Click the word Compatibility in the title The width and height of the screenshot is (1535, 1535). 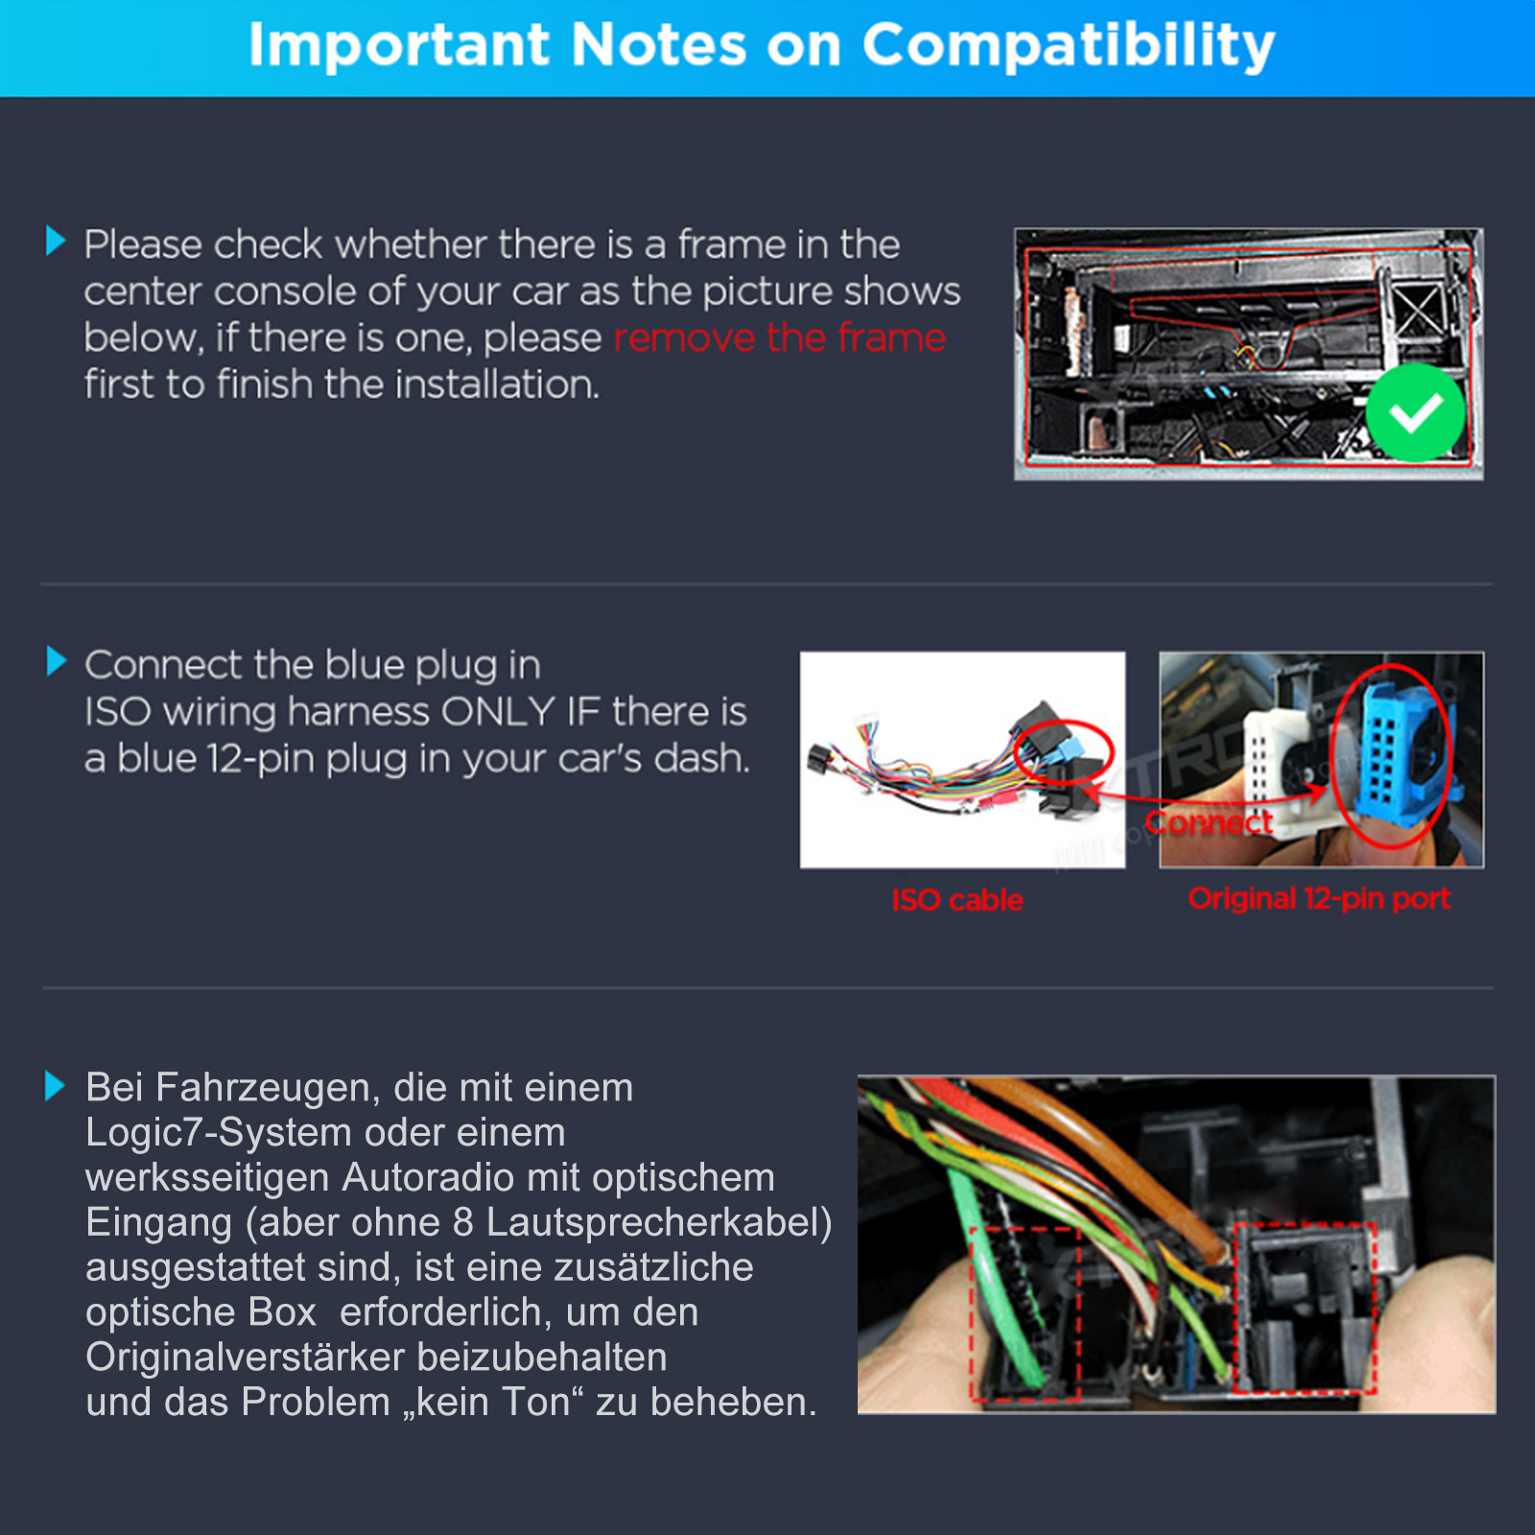pos(1069,46)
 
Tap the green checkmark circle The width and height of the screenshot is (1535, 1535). pos(1415,413)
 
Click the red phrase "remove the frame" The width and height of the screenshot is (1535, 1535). pos(780,338)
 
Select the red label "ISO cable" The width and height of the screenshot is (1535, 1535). pos(957,900)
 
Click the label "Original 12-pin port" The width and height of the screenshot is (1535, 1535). pos(1319,899)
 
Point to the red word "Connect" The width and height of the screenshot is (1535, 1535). pos(1209,822)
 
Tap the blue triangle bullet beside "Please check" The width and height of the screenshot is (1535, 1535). pos(56,241)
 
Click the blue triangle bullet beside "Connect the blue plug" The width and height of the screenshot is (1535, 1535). pos(57,661)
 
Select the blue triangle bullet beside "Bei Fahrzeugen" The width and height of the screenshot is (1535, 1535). pos(55,1086)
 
